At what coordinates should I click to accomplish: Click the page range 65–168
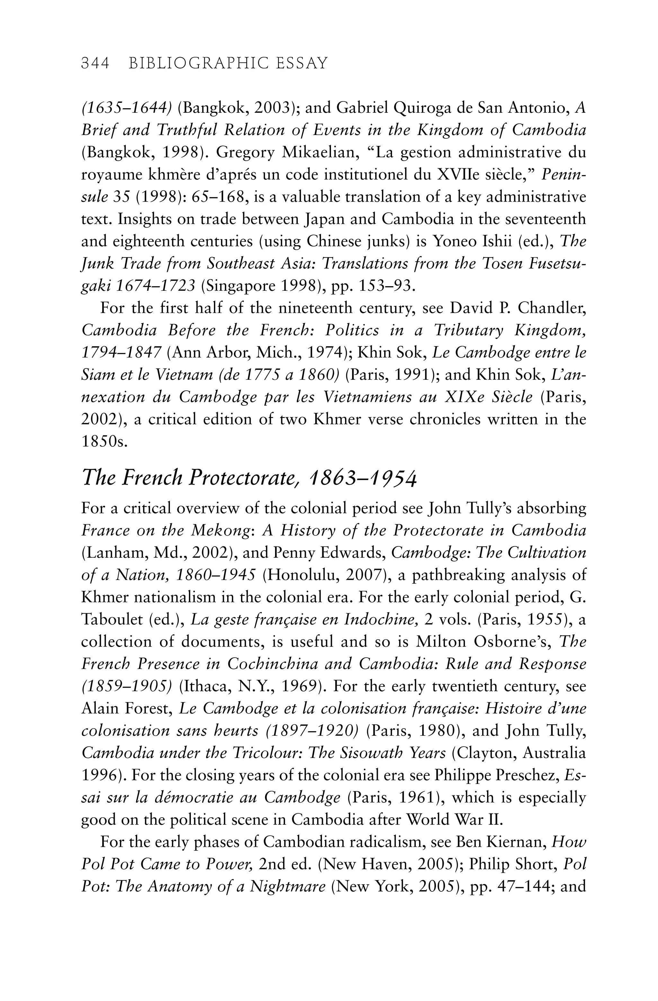point(218,197)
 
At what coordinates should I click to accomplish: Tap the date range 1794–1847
point(121,352)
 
